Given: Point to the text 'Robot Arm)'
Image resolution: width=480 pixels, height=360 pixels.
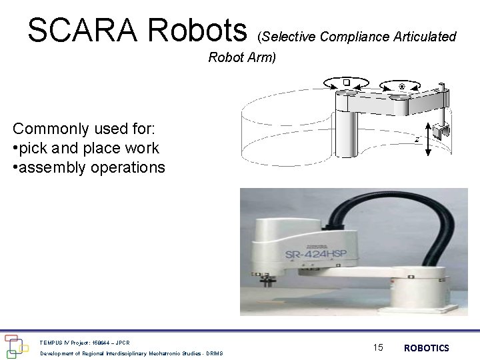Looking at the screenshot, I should pyautogui.click(x=241, y=58).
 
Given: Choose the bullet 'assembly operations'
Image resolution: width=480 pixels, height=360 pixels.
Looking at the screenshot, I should pyautogui.click(x=88, y=167).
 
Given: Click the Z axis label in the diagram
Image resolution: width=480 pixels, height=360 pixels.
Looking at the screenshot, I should pyautogui.click(x=417, y=140).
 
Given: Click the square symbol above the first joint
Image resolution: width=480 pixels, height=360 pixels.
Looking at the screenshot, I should pyautogui.click(x=347, y=81).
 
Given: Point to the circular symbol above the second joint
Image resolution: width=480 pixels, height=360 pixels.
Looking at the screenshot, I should pyautogui.click(x=401, y=85).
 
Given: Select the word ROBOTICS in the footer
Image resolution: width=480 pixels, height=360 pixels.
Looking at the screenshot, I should pyautogui.click(x=427, y=348).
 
